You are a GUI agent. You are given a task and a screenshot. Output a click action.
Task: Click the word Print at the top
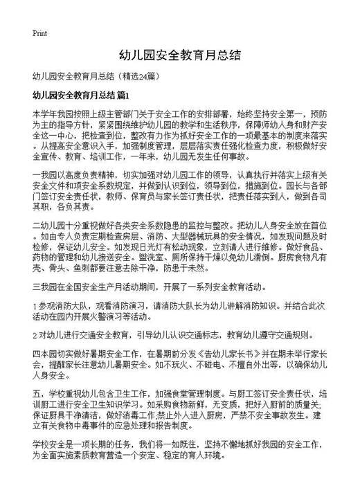(39, 33)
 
